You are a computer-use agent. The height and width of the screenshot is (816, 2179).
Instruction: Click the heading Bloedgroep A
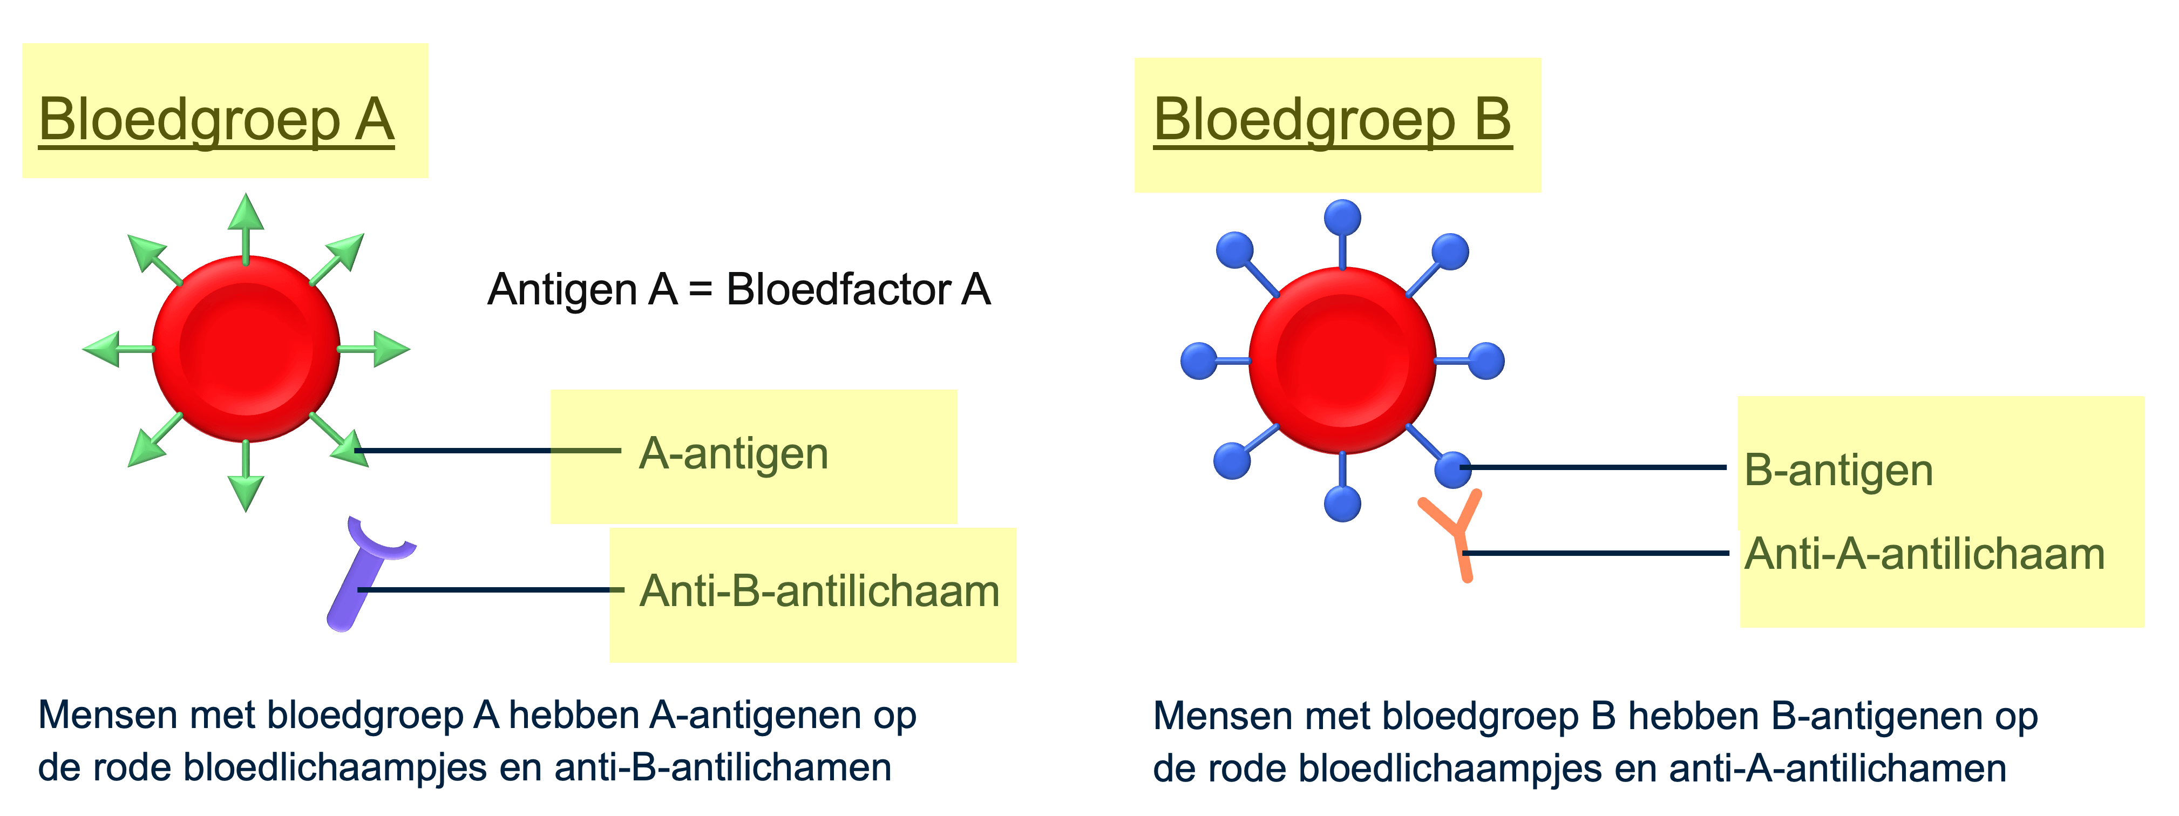[x=216, y=120]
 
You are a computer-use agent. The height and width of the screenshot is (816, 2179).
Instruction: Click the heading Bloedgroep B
[x=1332, y=120]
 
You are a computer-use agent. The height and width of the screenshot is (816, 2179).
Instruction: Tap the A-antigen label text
[x=734, y=453]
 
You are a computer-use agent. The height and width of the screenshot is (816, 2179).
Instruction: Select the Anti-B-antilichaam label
[x=819, y=590]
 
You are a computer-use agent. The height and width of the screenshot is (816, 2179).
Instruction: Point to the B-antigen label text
[x=1838, y=470]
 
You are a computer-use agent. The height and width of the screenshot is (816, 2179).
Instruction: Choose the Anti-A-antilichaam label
[x=1924, y=555]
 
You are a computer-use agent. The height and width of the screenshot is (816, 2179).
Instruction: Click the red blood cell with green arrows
[x=245, y=349]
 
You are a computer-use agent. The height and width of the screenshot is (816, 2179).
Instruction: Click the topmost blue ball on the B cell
[x=1342, y=217]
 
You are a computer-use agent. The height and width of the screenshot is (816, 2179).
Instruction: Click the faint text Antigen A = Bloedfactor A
[x=738, y=289]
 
